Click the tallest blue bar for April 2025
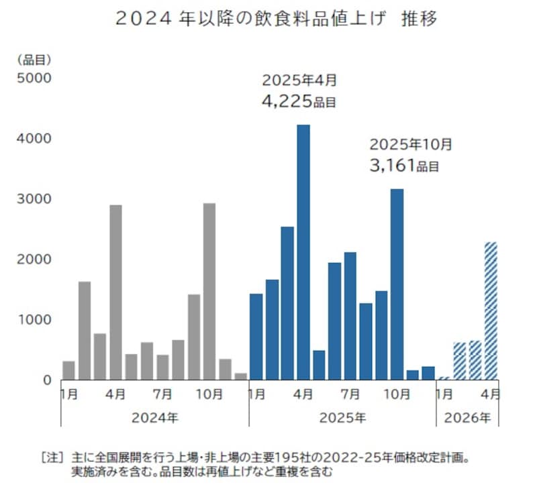[303, 252]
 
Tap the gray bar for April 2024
[115, 292]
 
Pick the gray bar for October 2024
[209, 291]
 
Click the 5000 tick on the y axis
[29, 78]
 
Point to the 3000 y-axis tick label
[29, 199]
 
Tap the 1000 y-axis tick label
[29, 320]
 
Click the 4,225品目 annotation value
[298, 102]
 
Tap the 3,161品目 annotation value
[404, 165]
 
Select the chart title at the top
[277, 19]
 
